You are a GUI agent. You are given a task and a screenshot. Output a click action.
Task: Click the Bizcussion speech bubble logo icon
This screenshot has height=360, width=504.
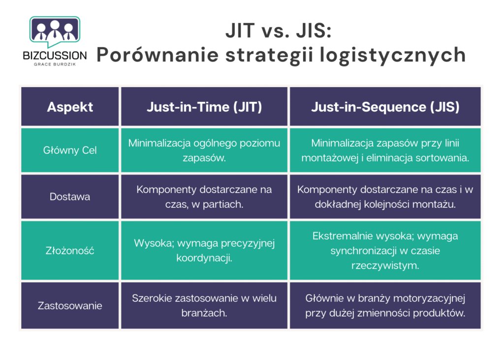55,31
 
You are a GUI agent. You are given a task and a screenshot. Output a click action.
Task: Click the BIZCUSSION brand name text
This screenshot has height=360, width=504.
55,55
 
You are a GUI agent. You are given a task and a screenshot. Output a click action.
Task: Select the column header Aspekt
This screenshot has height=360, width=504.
70,107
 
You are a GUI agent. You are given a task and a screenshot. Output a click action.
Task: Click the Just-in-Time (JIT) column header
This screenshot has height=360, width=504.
204,107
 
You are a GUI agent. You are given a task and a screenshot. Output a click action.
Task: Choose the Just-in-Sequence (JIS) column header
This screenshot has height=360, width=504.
385,107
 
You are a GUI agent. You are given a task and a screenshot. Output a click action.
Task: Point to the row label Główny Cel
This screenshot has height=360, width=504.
70,150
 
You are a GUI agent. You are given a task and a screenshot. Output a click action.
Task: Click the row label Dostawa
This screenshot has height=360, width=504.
70,196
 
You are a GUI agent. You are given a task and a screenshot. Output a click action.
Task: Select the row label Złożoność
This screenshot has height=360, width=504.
70,251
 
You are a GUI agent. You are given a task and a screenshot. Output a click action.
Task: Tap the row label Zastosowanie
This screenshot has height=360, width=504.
70,305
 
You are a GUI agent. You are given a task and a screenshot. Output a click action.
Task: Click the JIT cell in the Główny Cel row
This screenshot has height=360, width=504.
204,150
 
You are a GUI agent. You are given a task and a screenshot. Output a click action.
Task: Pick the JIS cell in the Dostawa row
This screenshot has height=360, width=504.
385,196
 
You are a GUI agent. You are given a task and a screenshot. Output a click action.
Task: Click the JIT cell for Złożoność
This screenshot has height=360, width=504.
204,250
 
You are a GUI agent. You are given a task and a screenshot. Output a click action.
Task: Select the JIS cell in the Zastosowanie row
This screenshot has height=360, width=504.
385,305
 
